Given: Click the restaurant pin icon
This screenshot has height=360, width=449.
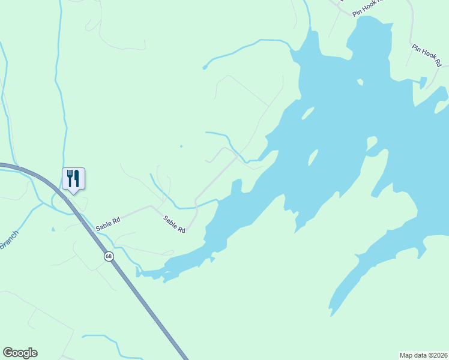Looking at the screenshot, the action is click(73, 179).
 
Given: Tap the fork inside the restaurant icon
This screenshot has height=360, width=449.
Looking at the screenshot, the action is click(70, 178).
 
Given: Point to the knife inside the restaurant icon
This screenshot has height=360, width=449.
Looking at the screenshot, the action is click(76, 178).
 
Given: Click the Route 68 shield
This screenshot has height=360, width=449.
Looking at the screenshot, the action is click(109, 256).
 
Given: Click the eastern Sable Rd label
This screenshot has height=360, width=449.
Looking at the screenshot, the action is click(175, 225).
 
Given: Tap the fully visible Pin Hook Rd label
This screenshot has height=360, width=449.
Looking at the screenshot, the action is click(427, 55).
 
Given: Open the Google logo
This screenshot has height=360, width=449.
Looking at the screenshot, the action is click(20, 353).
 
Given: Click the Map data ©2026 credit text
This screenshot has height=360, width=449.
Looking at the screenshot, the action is click(423, 355).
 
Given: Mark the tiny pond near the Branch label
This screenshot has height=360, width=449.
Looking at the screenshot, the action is click(53, 229).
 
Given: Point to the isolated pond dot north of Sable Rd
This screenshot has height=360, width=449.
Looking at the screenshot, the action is click(181, 146).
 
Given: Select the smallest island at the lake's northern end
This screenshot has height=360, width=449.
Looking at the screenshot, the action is click(360, 82).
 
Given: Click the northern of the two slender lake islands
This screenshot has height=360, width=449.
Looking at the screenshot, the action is click(307, 113).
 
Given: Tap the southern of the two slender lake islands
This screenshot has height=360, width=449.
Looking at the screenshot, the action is click(312, 158).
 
